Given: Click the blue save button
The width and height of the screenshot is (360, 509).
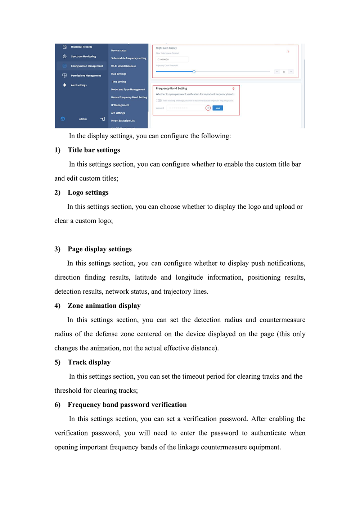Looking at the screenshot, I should point(218,108).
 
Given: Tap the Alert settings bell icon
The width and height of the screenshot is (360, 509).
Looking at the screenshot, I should point(65,85).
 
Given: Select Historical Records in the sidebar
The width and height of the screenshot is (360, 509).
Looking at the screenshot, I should point(81,47).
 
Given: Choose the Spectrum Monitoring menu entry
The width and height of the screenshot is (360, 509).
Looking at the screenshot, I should point(83,57).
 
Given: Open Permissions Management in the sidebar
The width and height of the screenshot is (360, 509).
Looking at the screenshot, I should point(86,76).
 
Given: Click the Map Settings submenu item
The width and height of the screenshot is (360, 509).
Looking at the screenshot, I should point(119,74).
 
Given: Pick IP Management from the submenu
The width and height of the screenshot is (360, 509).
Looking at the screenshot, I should point(120,105).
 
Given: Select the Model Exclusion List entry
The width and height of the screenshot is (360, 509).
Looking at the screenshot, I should point(123,121).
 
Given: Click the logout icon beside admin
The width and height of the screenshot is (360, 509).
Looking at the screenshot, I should point(103,119).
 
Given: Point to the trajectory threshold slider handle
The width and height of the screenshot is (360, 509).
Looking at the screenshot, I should point(194,72).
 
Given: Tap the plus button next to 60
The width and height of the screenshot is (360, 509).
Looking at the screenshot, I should point(291,72).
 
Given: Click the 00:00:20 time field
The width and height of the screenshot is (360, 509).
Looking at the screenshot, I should point(172,59).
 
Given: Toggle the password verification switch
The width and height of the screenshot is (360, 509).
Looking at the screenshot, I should point(159,101).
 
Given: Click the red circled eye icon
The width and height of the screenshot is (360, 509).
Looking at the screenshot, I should point(208,108).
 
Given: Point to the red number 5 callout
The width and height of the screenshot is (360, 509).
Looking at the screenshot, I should point(288,51).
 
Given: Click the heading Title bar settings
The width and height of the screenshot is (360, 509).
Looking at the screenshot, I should point(94,150).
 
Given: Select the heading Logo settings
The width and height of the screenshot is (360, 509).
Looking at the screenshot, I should point(88,193).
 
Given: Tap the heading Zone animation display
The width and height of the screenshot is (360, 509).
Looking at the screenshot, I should point(104,306).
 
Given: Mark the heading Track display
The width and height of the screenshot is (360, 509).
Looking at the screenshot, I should point(89,362).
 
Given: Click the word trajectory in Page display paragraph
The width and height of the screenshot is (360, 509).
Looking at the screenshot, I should point(177,292).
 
